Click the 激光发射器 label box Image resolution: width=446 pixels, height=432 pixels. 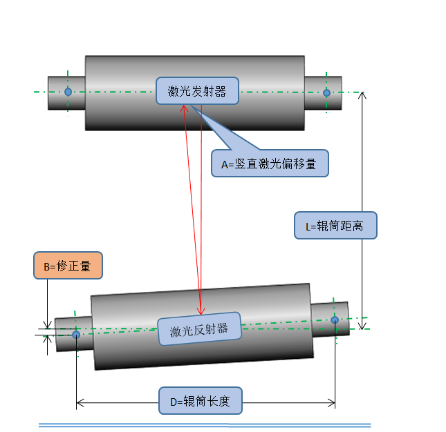tap(197, 90)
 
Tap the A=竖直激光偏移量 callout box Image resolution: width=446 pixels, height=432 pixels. tap(269, 164)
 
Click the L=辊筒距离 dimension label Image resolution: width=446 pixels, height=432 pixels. tap(335, 225)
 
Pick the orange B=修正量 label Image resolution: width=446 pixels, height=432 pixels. tap(67, 265)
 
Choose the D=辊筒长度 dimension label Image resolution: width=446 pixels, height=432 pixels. tap(201, 400)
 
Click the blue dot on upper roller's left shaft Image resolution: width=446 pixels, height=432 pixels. tap(68, 92)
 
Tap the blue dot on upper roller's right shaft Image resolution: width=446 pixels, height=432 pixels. tap(327, 92)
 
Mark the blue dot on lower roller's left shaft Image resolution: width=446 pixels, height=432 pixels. tap(76, 335)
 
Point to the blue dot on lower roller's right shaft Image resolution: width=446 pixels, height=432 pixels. tap(335, 320)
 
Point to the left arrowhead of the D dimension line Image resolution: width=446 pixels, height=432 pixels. tap(80, 401)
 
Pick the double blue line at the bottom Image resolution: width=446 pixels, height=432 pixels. tap(205, 425)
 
